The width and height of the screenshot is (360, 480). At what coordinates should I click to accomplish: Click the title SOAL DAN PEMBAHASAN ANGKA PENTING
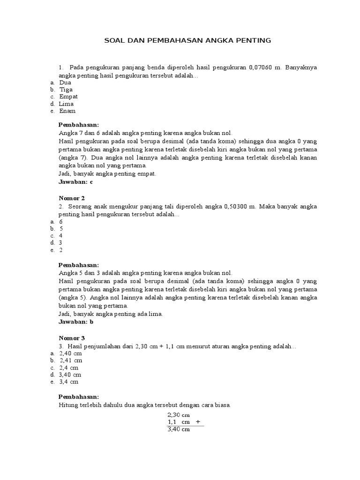point(187,41)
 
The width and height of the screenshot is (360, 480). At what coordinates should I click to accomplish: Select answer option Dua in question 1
point(65,82)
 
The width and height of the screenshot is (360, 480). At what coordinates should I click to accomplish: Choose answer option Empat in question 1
point(68,97)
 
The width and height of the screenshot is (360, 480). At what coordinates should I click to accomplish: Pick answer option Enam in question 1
point(67,111)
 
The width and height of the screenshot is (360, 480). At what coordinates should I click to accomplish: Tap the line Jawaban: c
point(76,181)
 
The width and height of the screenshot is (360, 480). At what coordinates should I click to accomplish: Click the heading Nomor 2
point(72,198)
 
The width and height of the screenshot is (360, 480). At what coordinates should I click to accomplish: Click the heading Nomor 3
point(72,338)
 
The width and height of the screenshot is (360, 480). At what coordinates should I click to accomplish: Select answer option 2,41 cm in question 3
point(71,360)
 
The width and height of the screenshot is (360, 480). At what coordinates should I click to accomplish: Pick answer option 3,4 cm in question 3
point(69,382)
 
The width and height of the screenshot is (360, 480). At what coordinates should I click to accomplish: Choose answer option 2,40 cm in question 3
point(71,353)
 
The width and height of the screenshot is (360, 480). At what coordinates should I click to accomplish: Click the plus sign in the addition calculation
point(198,421)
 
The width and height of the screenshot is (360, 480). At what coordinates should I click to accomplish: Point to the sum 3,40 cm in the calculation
point(178,429)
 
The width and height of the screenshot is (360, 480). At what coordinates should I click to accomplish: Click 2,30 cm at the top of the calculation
point(178,415)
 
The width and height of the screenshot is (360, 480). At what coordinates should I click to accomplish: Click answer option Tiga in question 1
point(66,89)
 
